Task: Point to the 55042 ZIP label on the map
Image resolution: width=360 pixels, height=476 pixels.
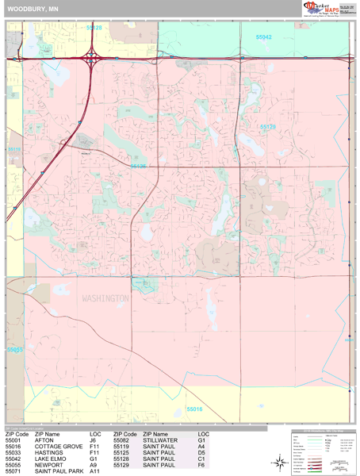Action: point(263,37)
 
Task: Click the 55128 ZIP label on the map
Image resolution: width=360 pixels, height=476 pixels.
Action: point(94,28)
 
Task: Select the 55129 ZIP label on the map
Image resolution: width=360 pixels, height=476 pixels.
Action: point(268,126)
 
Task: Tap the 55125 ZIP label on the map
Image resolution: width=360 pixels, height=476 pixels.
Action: point(139,167)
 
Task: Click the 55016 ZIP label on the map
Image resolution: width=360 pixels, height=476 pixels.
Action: point(195,409)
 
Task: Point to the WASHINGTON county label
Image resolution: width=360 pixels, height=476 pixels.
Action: point(105,298)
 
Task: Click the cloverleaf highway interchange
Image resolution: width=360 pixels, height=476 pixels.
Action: point(93,57)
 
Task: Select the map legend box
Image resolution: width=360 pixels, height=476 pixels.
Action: point(321,451)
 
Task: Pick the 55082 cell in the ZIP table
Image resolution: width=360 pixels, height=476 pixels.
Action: point(121,440)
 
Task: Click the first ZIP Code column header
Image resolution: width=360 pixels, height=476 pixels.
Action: point(17,434)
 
